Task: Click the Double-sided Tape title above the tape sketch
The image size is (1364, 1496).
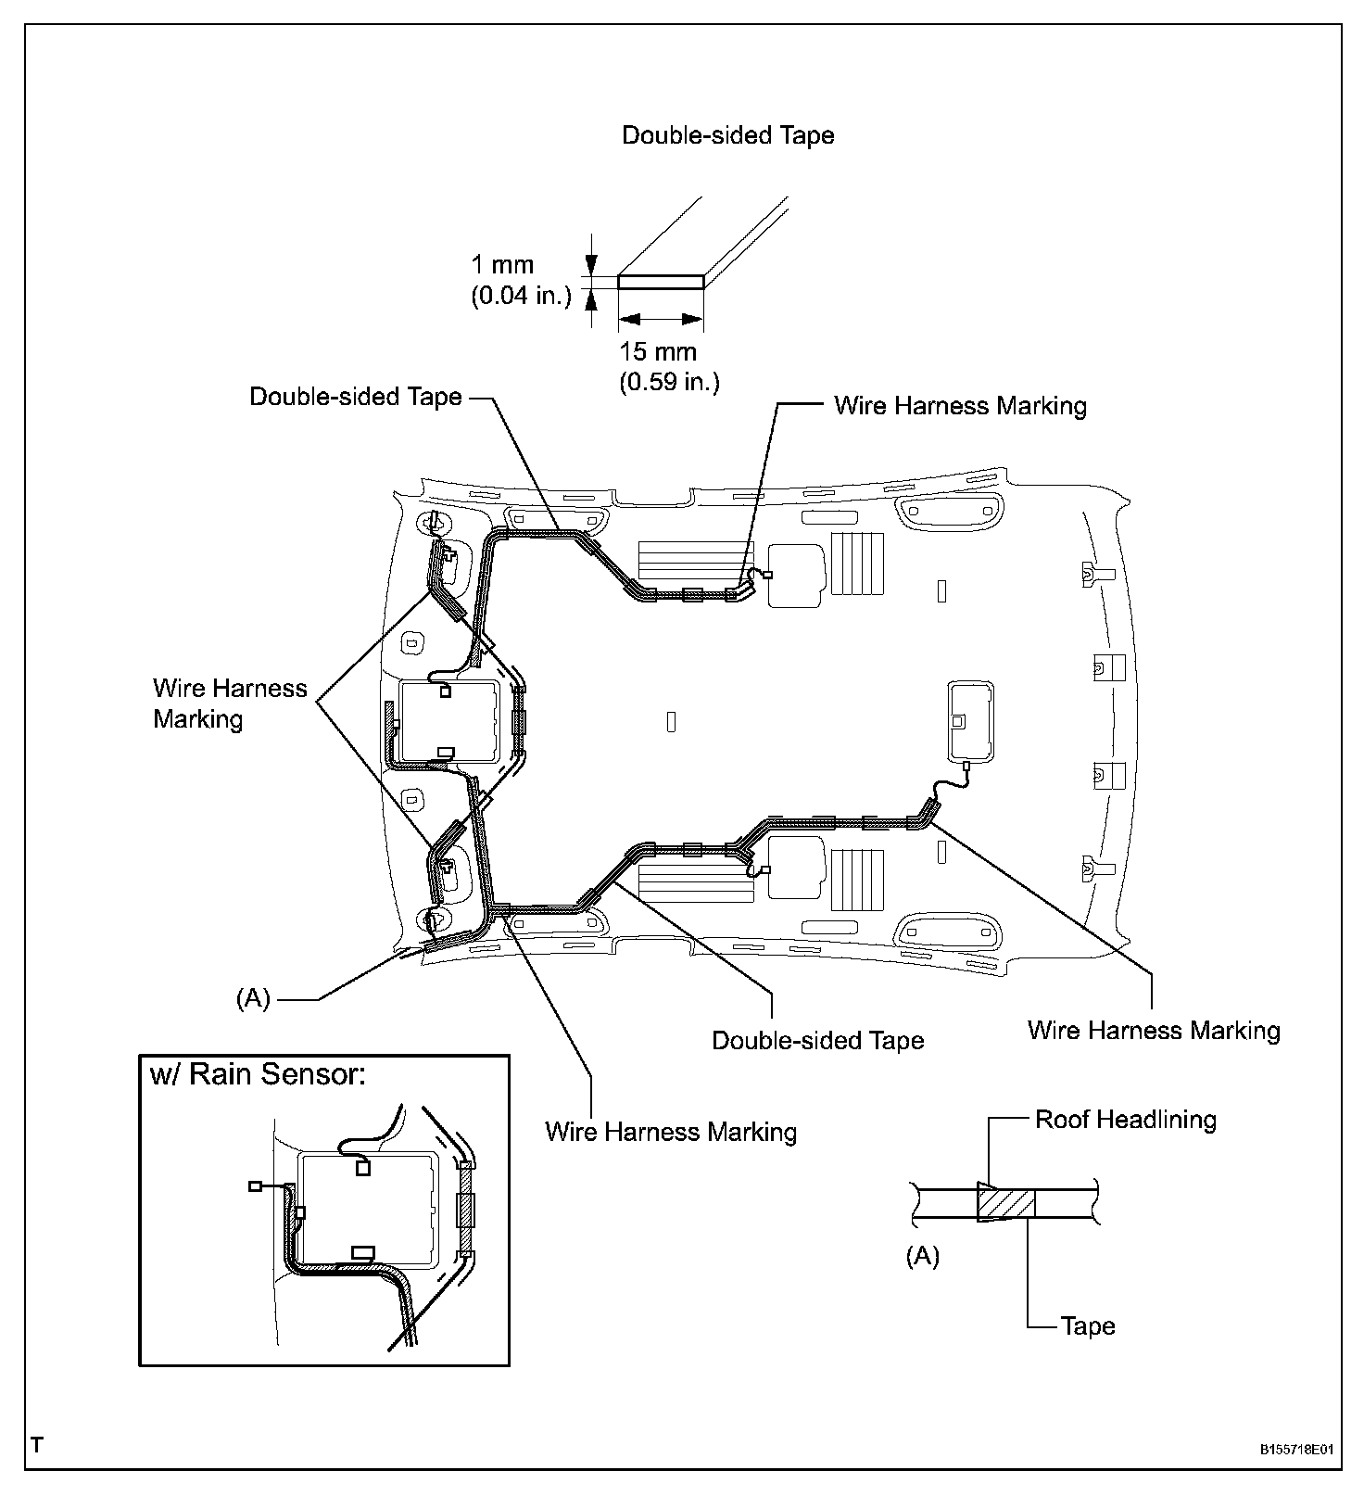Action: point(727,135)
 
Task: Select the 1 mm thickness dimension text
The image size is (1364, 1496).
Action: point(502,265)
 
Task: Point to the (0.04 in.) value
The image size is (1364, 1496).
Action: point(521,297)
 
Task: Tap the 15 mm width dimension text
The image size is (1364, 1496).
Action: point(658,352)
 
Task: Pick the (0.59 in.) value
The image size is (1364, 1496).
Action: point(669,382)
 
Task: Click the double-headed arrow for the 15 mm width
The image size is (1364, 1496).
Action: point(661,319)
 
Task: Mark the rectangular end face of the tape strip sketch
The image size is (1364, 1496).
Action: point(661,281)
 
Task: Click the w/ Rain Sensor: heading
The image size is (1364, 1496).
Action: point(259,1074)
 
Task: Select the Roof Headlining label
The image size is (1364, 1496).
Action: point(1125,1120)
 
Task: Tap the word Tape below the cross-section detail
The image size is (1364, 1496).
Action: point(1088,1325)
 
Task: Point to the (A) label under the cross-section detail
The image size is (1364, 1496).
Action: point(922,1256)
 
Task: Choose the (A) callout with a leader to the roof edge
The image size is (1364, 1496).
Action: point(253,998)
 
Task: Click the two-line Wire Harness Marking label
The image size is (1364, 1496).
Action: point(230,704)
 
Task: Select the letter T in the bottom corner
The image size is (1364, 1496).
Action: point(37,1444)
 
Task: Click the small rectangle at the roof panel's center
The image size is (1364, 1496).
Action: point(671,720)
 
